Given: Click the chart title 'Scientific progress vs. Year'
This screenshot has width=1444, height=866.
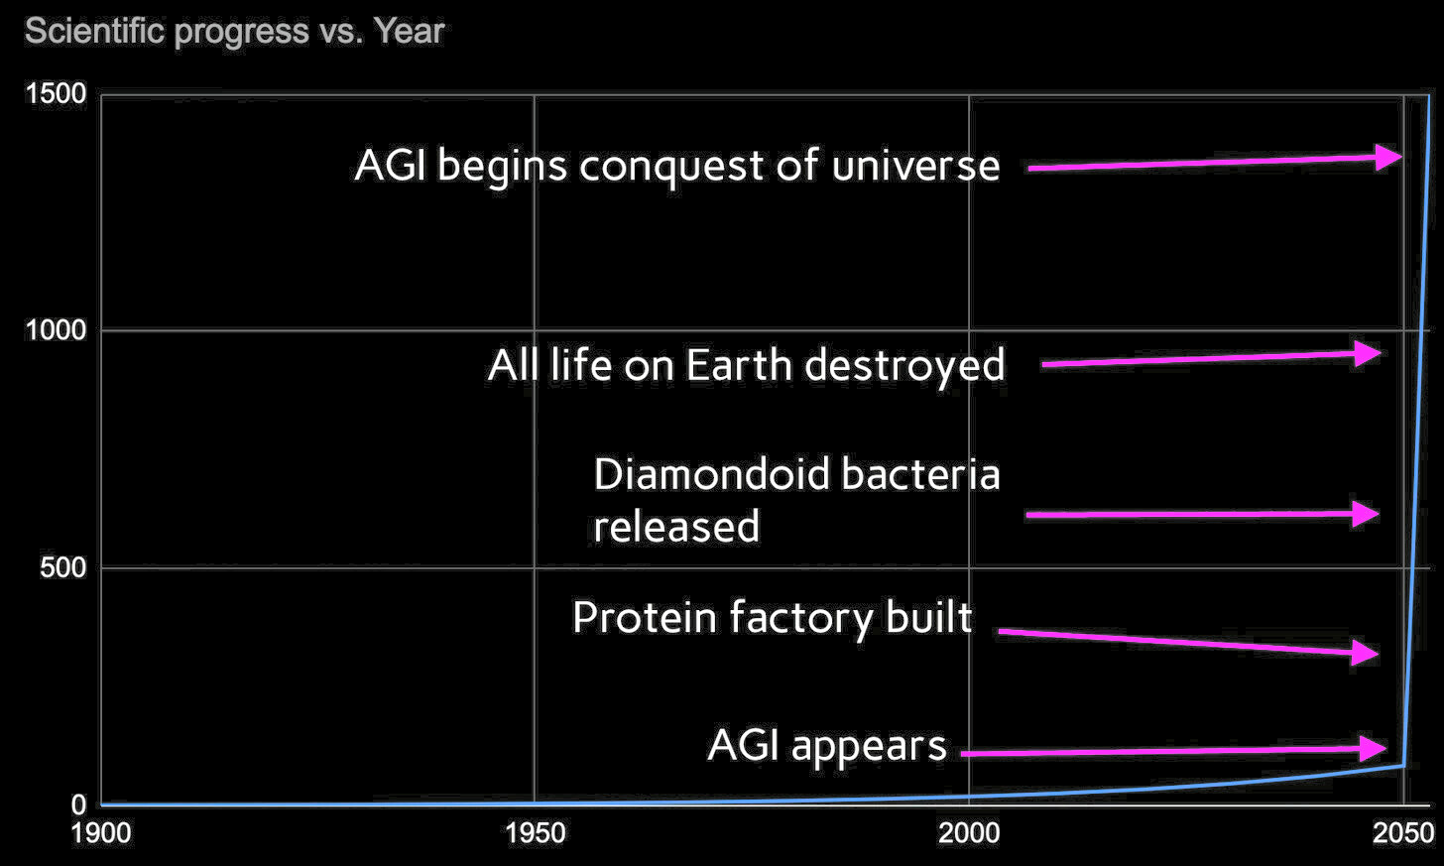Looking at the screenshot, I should [x=234, y=32].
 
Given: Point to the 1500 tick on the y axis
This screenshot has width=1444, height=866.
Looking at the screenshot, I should [x=56, y=94].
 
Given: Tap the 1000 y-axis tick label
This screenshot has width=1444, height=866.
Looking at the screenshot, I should [x=56, y=330].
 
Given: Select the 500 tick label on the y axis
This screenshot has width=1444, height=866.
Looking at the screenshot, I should [x=64, y=568].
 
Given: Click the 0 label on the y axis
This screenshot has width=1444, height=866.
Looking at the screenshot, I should [x=78, y=805].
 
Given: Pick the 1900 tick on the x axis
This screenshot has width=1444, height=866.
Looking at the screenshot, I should [x=101, y=833].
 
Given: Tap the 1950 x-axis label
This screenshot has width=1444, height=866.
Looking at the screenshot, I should [x=535, y=833].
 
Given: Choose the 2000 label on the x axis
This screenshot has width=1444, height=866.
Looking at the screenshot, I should [x=969, y=833].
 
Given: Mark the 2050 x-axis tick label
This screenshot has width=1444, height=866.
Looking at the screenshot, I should [x=1402, y=833].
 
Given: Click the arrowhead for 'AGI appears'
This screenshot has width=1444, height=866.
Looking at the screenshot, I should [x=1374, y=748].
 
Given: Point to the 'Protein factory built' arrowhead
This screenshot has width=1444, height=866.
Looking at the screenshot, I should [x=1367, y=653].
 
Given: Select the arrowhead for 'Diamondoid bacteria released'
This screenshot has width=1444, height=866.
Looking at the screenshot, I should [x=1367, y=514].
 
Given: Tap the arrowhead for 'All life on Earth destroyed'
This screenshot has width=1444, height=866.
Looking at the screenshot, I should [x=1369, y=353].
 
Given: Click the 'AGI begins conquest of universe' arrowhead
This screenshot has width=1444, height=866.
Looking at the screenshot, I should [x=1388, y=157].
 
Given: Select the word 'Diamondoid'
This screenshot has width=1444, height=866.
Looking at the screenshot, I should [x=711, y=474].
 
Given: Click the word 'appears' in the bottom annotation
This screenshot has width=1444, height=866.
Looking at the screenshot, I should [x=869, y=746].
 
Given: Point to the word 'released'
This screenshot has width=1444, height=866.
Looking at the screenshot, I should [x=676, y=527].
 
